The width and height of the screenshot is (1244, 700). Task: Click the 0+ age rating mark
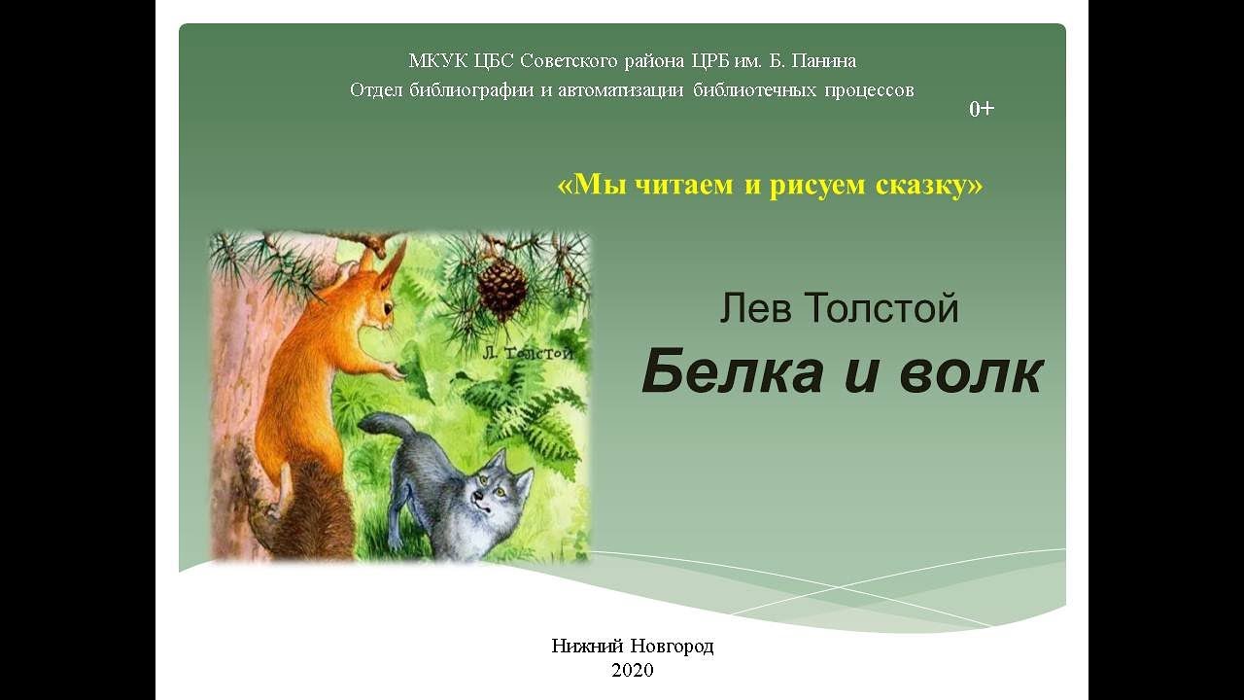click(982, 109)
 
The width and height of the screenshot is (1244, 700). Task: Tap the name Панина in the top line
click(825, 61)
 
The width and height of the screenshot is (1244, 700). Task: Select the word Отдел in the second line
click(374, 90)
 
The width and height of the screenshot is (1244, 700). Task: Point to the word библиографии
click(460, 90)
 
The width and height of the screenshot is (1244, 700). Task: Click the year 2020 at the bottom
click(633, 670)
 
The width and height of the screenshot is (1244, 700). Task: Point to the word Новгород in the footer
click(672, 646)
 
